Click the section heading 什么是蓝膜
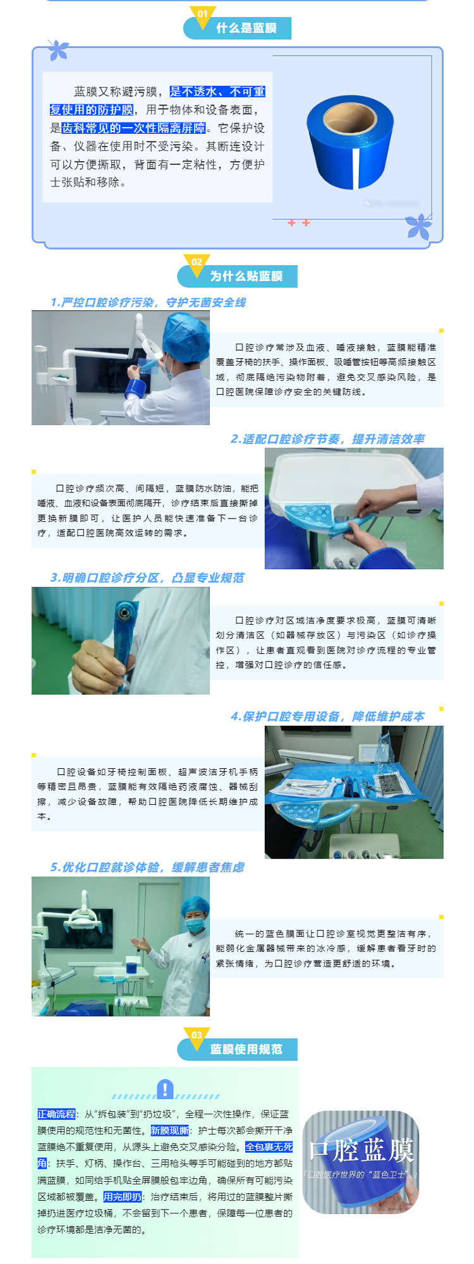pyautogui.click(x=246, y=28)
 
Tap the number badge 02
pyautogui.click(x=197, y=262)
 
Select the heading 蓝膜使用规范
pyautogui.click(x=246, y=1049)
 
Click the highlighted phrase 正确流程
pyautogui.click(x=56, y=1114)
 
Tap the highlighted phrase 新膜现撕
pyautogui.click(x=170, y=1131)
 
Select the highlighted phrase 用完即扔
pyautogui.click(x=123, y=1196)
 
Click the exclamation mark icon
pyautogui.click(x=165, y=1089)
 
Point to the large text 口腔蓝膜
pyautogui.click(x=361, y=1150)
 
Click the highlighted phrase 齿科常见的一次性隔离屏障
pyautogui.click(x=133, y=128)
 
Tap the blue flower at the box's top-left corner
pyautogui.click(x=58, y=50)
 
